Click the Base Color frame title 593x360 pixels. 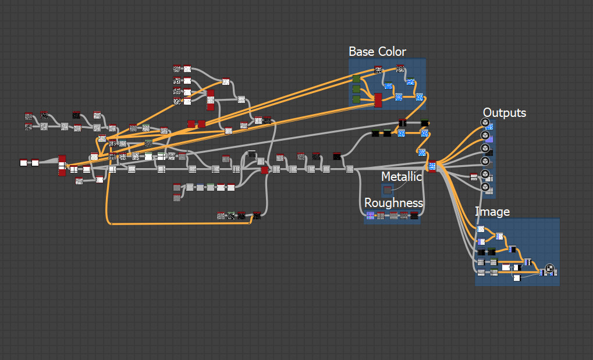(377, 52)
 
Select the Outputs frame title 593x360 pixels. (504, 113)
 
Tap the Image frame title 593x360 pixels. (492, 212)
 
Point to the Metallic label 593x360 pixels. (402, 176)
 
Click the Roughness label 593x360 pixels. (393, 203)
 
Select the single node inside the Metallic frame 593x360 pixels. (388, 189)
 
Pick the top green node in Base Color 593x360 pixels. (356, 79)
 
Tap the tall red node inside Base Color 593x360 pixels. (378, 100)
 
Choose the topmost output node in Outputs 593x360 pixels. (485, 122)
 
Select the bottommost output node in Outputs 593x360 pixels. (485, 187)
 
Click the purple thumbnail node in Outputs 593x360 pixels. (489, 140)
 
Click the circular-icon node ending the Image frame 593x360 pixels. (548, 269)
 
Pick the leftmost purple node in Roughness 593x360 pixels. (370, 216)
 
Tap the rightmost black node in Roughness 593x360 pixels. (414, 216)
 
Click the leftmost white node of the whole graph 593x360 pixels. (24, 163)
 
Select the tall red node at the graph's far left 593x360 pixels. (62, 165)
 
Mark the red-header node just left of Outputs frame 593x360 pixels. (474, 177)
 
